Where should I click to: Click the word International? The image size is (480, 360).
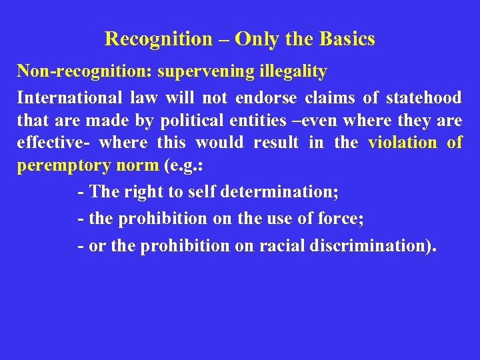coord(69,98)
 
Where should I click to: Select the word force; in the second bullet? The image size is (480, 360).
coord(340,219)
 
